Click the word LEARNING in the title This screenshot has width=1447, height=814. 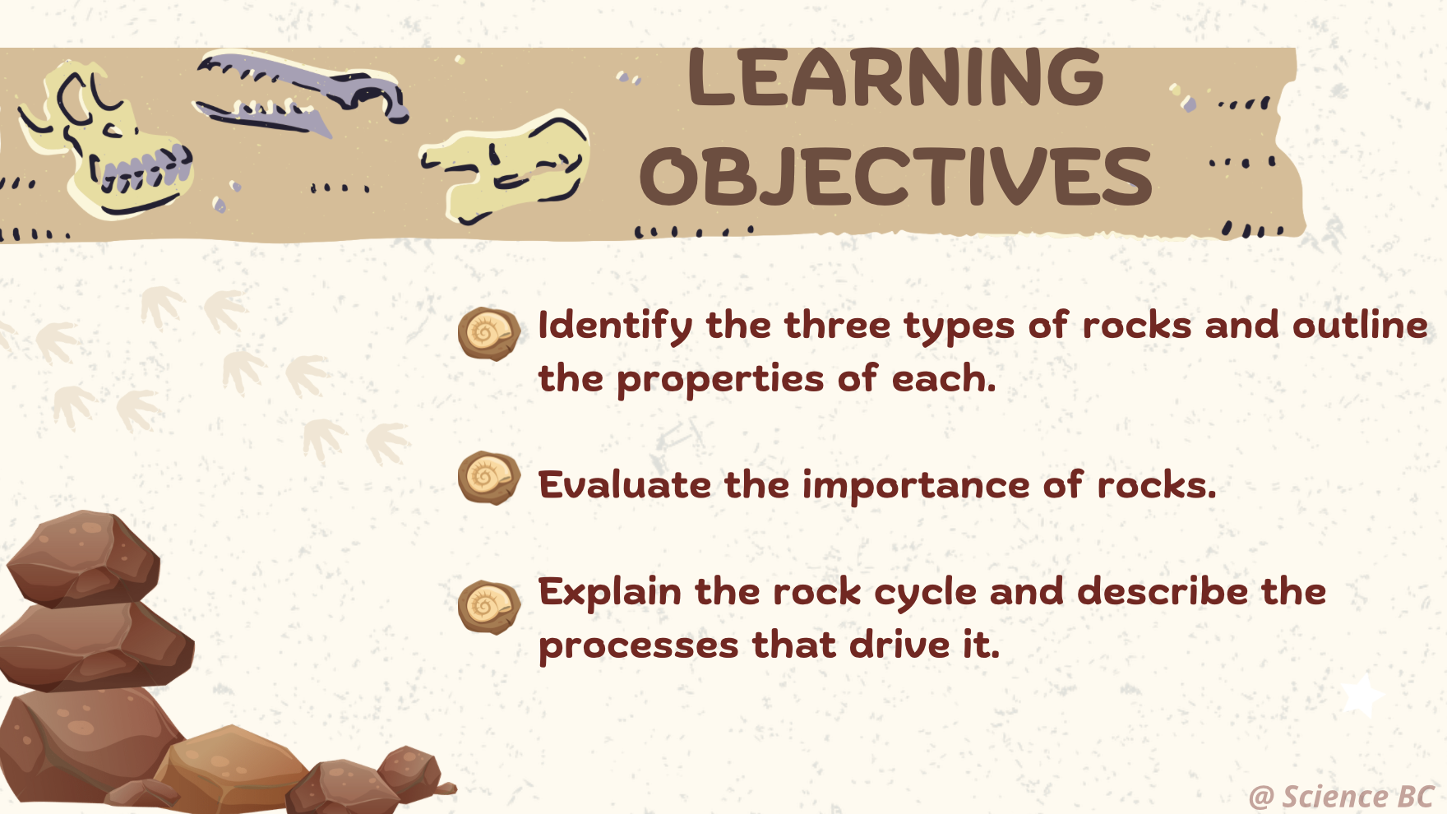click(x=895, y=78)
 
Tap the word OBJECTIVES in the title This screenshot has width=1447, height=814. click(x=895, y=177)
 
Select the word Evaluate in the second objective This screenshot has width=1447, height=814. click(x=624, y=485)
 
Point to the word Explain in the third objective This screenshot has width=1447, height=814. click(x=609, y=593)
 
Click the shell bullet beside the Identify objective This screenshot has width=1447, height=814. click(x=488, y=334)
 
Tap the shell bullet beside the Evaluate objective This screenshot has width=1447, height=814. click(x=488, y=478)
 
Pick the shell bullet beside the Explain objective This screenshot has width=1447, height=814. click(x=488, y=608)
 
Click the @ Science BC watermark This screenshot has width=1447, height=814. click(x=1341, y=797)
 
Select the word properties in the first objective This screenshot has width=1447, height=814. click(x=719, y=380)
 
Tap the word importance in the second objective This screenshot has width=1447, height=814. click(x=915, y=485)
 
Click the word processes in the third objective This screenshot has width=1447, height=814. click(x=638, y=645)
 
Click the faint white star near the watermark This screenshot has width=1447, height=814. click(x=1362, y=696)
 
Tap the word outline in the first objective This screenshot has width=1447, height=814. click(x=1360, y=326)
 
